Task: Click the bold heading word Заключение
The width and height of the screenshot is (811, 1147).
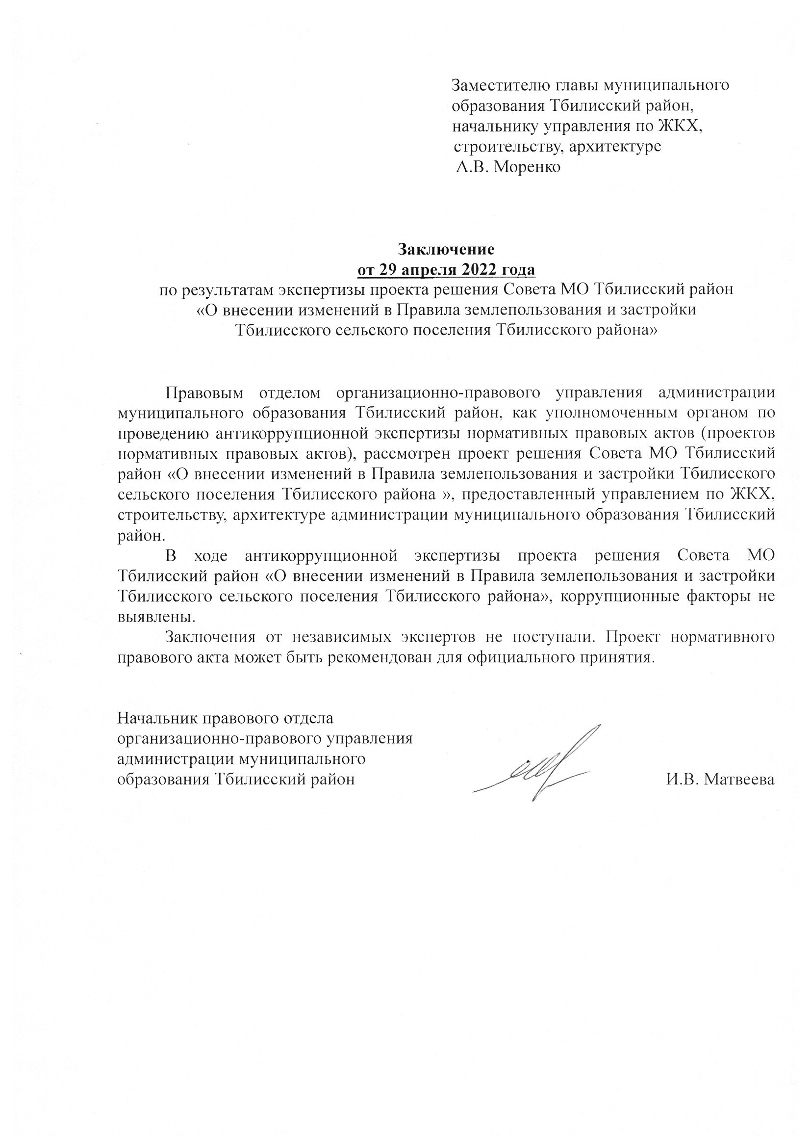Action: (x=446, y=249)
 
